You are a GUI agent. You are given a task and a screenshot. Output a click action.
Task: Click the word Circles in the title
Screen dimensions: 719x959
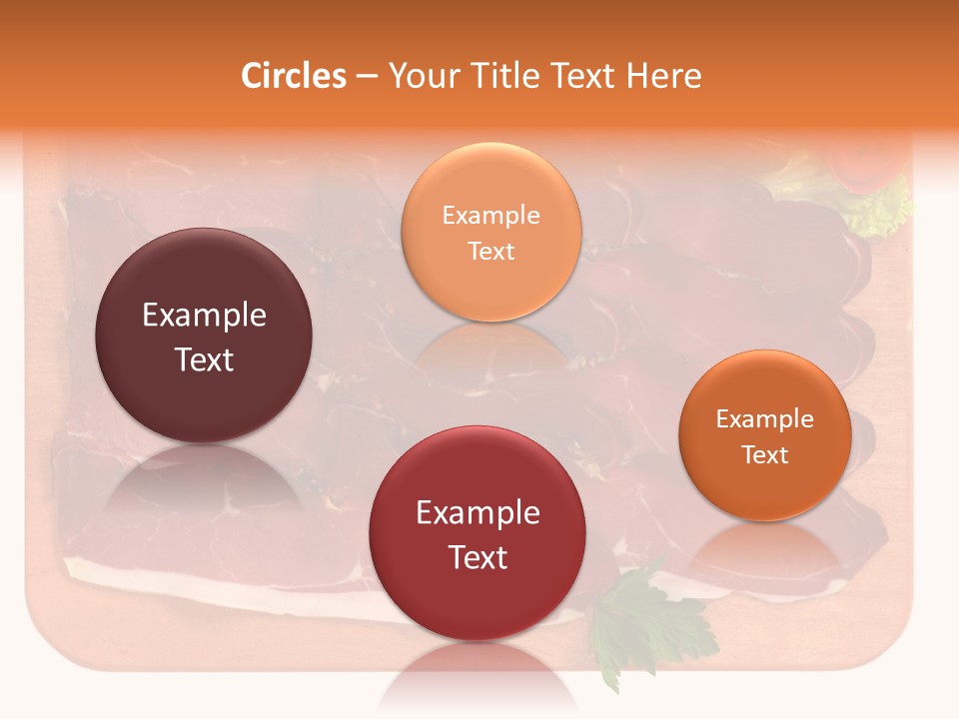click(294, 76)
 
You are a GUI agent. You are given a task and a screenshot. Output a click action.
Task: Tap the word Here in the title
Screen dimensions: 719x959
click(665, 76)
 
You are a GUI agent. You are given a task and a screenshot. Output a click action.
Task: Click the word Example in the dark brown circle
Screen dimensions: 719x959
click(204, 316)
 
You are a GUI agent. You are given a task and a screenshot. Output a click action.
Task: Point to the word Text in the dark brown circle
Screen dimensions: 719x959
click(204, 359)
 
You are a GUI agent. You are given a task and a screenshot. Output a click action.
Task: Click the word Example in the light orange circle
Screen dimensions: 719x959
click(491, 215)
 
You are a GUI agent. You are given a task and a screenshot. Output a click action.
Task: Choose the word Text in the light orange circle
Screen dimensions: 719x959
click(491, 251)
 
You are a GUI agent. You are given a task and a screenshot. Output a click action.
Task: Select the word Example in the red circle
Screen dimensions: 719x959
click(478, 512)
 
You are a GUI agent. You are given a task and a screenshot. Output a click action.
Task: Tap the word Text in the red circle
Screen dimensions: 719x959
click(478, 557)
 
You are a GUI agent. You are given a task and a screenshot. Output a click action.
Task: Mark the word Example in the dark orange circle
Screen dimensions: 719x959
click(765, 418)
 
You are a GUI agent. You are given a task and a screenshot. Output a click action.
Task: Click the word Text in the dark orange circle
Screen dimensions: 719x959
click(765, 454)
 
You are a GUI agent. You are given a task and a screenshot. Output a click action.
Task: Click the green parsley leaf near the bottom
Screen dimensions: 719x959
click(639, 619)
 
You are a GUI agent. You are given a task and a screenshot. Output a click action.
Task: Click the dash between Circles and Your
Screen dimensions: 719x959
click(367, 77)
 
